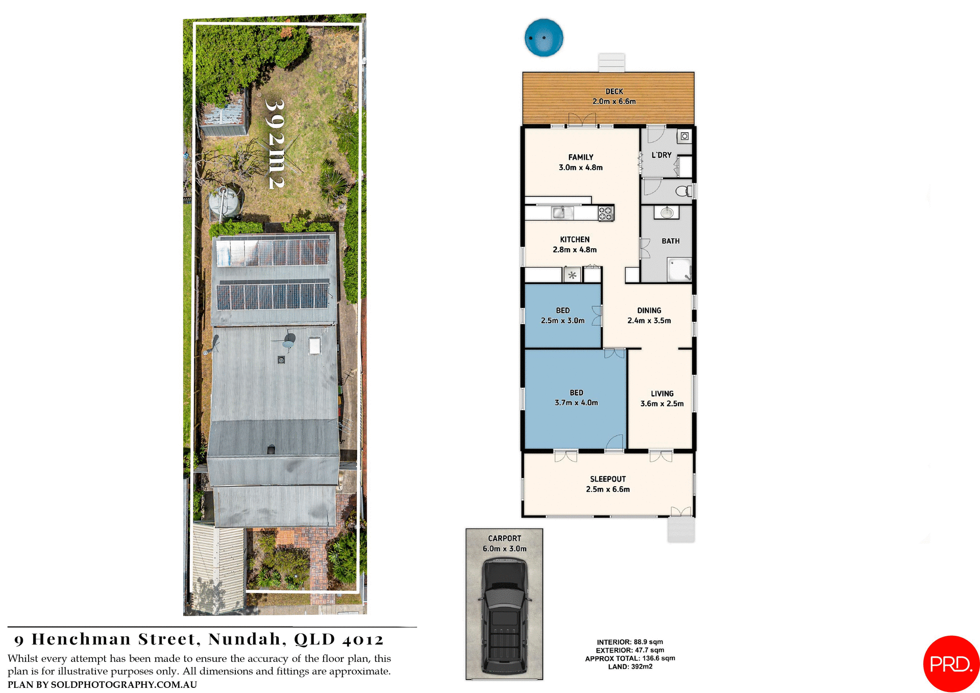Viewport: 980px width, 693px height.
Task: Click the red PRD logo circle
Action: [x=951, y=663]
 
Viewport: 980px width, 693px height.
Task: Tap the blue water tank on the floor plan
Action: [x=544, y=37]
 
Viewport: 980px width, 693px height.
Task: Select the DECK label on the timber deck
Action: [x=614, y=91]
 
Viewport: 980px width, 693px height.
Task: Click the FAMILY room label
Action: [x=581, y=157]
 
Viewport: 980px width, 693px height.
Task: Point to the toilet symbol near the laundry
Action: [x=682, y=192]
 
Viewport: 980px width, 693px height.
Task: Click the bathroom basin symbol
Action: [x=667, y=212]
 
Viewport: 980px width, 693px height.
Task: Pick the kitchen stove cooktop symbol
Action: [x=606, y=213]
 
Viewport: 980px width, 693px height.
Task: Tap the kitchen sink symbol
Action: [x=559, y=212]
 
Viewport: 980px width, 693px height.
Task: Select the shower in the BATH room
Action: [x=679, y=269]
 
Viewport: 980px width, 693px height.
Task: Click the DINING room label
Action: [x=649, y=310]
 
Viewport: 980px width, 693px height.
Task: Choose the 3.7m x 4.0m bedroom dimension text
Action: [x=576, y=403]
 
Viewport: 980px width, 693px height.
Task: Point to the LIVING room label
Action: [x=662, y=394]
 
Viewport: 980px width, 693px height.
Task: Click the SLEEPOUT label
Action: [x=608, y=479]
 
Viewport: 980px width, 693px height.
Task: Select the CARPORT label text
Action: [x=504, y=538]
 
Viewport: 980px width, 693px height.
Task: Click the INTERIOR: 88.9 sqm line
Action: [x=630, y=642]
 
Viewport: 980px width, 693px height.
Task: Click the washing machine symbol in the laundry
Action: [x=684, y=136]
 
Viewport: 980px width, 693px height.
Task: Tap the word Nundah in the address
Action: [x=244, y=639]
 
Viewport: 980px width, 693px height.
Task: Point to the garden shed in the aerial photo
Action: [x=224, y=116]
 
